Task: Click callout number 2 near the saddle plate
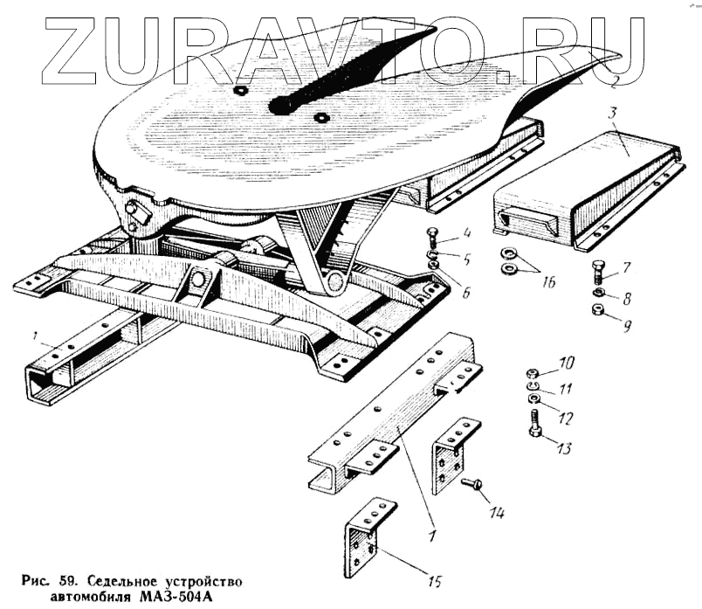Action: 615,83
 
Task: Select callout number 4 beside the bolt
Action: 467,234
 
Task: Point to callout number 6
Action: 466,292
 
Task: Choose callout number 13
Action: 563,449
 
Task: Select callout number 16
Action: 547,281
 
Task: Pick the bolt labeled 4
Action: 433,235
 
